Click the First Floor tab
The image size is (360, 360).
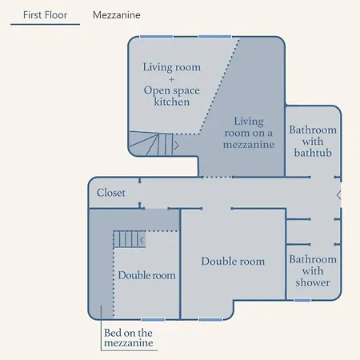45,14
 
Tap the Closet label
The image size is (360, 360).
111,193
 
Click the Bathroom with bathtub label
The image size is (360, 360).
313,141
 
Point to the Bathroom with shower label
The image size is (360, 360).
313,270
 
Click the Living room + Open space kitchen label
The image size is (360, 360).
171,84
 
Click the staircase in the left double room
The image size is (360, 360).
126,238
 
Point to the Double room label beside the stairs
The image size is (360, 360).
146,275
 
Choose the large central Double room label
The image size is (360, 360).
233,262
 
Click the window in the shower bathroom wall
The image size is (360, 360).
302,300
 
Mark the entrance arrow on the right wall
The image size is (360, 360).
338,194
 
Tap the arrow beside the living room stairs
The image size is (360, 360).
176,146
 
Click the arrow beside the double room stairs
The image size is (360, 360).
142,239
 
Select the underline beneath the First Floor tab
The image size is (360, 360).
45,25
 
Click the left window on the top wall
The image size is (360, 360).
151,37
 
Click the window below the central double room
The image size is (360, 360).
210,319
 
